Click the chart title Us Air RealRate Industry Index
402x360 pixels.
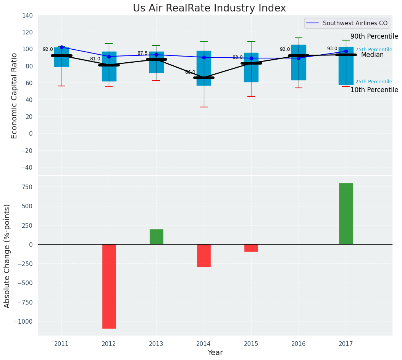209,8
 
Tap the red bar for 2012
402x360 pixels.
109,286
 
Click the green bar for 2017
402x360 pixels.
346,214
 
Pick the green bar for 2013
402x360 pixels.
156,237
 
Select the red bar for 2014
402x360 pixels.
204,256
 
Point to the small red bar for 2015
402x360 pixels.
251,248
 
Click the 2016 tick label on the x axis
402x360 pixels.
299,344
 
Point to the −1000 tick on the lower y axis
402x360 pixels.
23,321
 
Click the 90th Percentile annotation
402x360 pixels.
374,37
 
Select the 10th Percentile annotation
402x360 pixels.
374,90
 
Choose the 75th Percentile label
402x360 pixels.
374,50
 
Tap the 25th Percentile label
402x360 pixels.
374,82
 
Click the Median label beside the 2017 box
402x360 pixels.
372,55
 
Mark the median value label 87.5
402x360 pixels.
142,53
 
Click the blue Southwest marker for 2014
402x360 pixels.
204,57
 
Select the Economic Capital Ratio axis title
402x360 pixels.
15,96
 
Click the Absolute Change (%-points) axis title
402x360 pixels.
7,256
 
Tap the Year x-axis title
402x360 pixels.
215,353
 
